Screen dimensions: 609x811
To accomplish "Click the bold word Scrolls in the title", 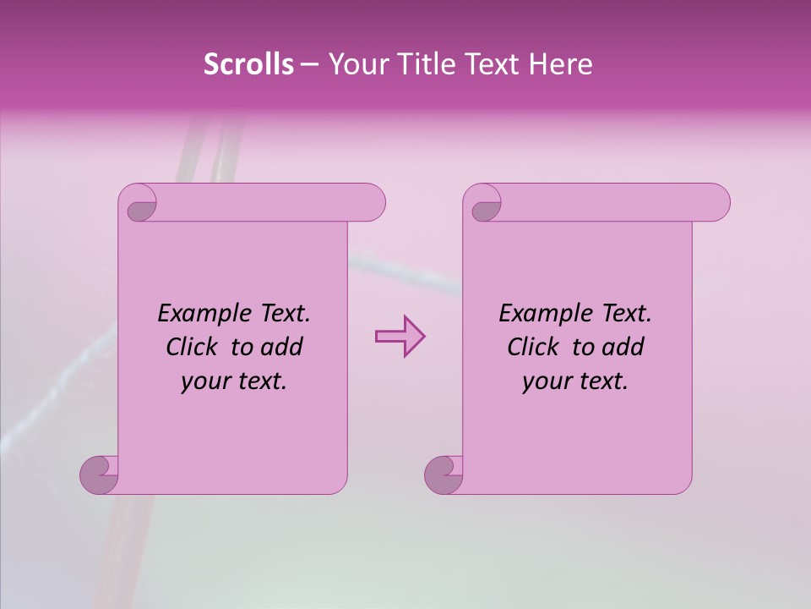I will coord(249,64).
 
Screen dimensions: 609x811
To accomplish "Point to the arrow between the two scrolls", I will coord(400,336).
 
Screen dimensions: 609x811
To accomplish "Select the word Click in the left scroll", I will coord(194,347).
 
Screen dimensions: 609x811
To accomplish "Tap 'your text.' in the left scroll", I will coord(234,381).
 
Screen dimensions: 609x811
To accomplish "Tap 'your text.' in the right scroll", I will coord(575,381).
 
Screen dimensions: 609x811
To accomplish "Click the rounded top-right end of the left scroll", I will coord(372,202).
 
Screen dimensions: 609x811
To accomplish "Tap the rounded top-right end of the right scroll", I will coord(716,202).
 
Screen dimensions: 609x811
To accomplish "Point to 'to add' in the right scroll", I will coord(607,347).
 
